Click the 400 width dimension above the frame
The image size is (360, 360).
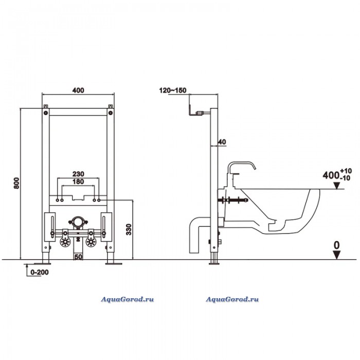point(78,91)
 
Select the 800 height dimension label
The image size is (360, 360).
point(16,183)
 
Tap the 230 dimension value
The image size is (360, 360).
point(78,174)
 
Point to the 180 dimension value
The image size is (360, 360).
point(78,182)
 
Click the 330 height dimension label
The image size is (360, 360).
point(129,229)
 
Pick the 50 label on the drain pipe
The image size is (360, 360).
point(78,257)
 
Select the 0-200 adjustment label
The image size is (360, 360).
point(40,272)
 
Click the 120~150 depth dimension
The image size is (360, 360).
point(173,91)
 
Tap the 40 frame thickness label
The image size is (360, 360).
point(222,142)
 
